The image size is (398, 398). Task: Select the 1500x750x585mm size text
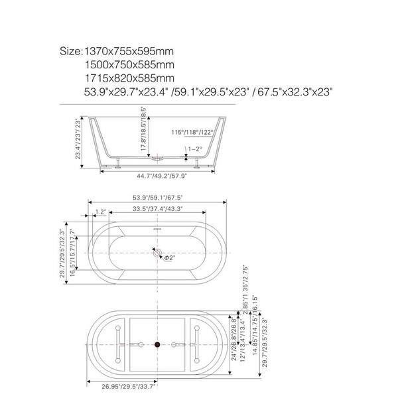[129, 64]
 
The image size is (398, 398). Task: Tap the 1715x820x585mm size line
[129, 78]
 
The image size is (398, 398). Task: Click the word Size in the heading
[71, 51]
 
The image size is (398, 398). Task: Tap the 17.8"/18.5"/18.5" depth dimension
[143, 129]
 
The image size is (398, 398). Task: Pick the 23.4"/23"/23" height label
[79, 139]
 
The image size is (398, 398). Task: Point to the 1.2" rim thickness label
[101, 212]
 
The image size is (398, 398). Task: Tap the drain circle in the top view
[157, 252]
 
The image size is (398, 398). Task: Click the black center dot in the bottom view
[158, 344]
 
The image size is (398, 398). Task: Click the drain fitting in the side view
[157, 159]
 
